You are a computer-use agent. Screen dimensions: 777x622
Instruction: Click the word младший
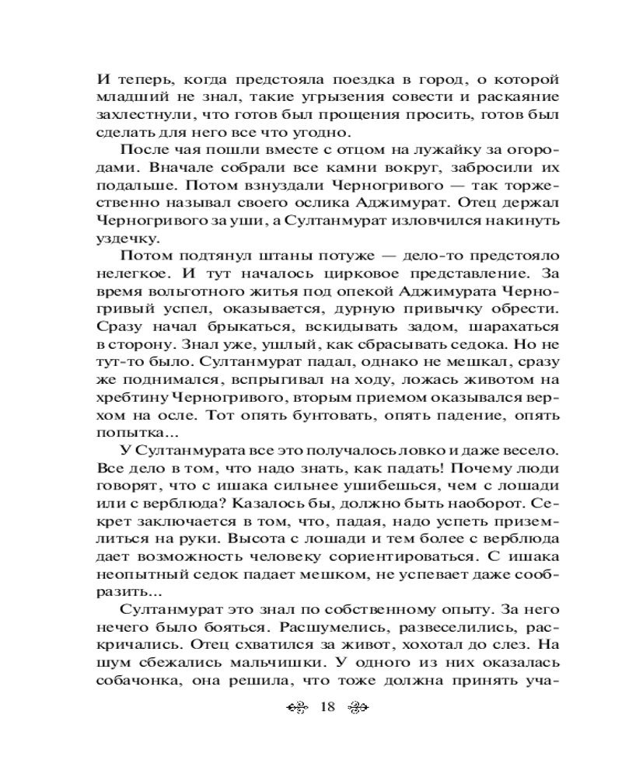[x=127, y=98]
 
